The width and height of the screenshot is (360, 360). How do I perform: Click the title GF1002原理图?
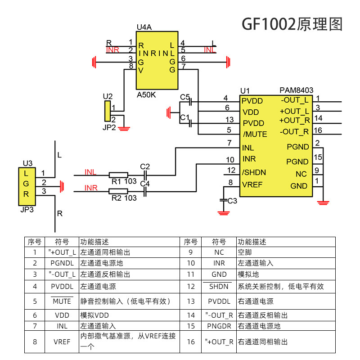292,24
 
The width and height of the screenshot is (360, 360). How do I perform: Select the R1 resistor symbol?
118,175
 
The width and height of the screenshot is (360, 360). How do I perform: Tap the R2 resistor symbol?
118,191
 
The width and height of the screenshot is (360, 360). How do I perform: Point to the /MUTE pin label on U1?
255,134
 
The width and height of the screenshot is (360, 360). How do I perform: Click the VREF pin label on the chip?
252,184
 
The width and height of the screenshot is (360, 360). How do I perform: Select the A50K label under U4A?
146,95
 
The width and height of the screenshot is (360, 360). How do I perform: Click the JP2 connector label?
109,127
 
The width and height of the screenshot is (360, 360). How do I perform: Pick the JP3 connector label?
27,210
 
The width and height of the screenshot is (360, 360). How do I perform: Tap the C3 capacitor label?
232,201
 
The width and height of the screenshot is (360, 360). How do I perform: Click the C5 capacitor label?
185,97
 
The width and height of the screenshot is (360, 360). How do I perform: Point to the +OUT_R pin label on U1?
294,121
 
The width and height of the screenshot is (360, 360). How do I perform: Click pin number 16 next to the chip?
318,131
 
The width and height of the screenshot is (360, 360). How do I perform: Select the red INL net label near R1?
90,172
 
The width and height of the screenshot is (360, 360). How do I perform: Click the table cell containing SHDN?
219,286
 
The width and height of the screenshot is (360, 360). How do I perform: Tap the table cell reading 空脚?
245,252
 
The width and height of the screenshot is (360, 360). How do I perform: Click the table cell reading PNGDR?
219,326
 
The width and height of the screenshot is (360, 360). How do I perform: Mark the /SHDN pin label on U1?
254,172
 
